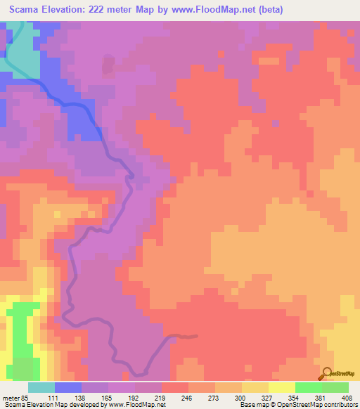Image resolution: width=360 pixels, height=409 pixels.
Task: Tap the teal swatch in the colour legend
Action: [x=41, y=387]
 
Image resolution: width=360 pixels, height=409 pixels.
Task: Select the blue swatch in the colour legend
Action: [x=68, y=387]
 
